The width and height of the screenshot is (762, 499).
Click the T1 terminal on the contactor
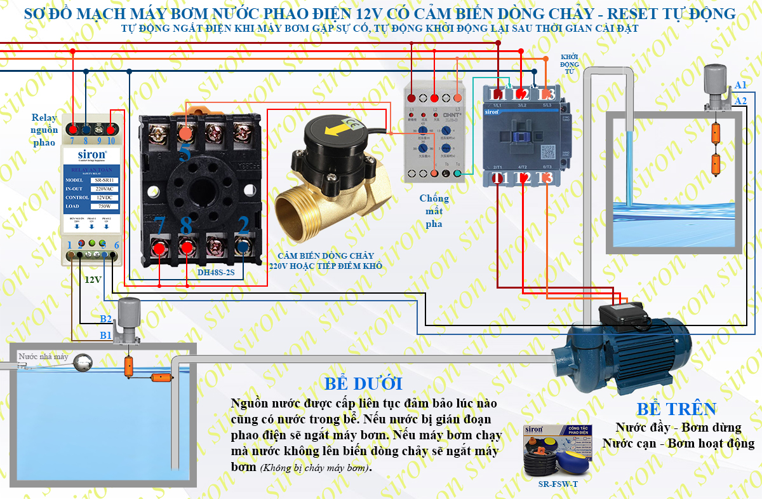tap(499, 179)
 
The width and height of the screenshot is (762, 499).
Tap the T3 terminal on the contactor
tap(545, 179)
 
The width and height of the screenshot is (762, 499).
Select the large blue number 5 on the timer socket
tap(185, 153)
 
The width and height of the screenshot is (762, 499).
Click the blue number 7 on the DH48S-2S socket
tap(159, 225)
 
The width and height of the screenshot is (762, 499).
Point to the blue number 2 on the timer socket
tap(243, 225)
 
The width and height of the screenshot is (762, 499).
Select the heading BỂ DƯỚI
tap(363, 384)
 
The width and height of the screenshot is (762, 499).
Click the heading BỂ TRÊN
tap(676, 409)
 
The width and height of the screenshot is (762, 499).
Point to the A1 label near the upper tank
tap(740, 85)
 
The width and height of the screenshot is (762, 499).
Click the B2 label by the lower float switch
tap(105, 319)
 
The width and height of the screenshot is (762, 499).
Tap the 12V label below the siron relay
tap(93, 279)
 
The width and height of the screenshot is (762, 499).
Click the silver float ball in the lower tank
tap(84, 363)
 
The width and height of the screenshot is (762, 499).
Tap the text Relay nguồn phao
tap(44, 130)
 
